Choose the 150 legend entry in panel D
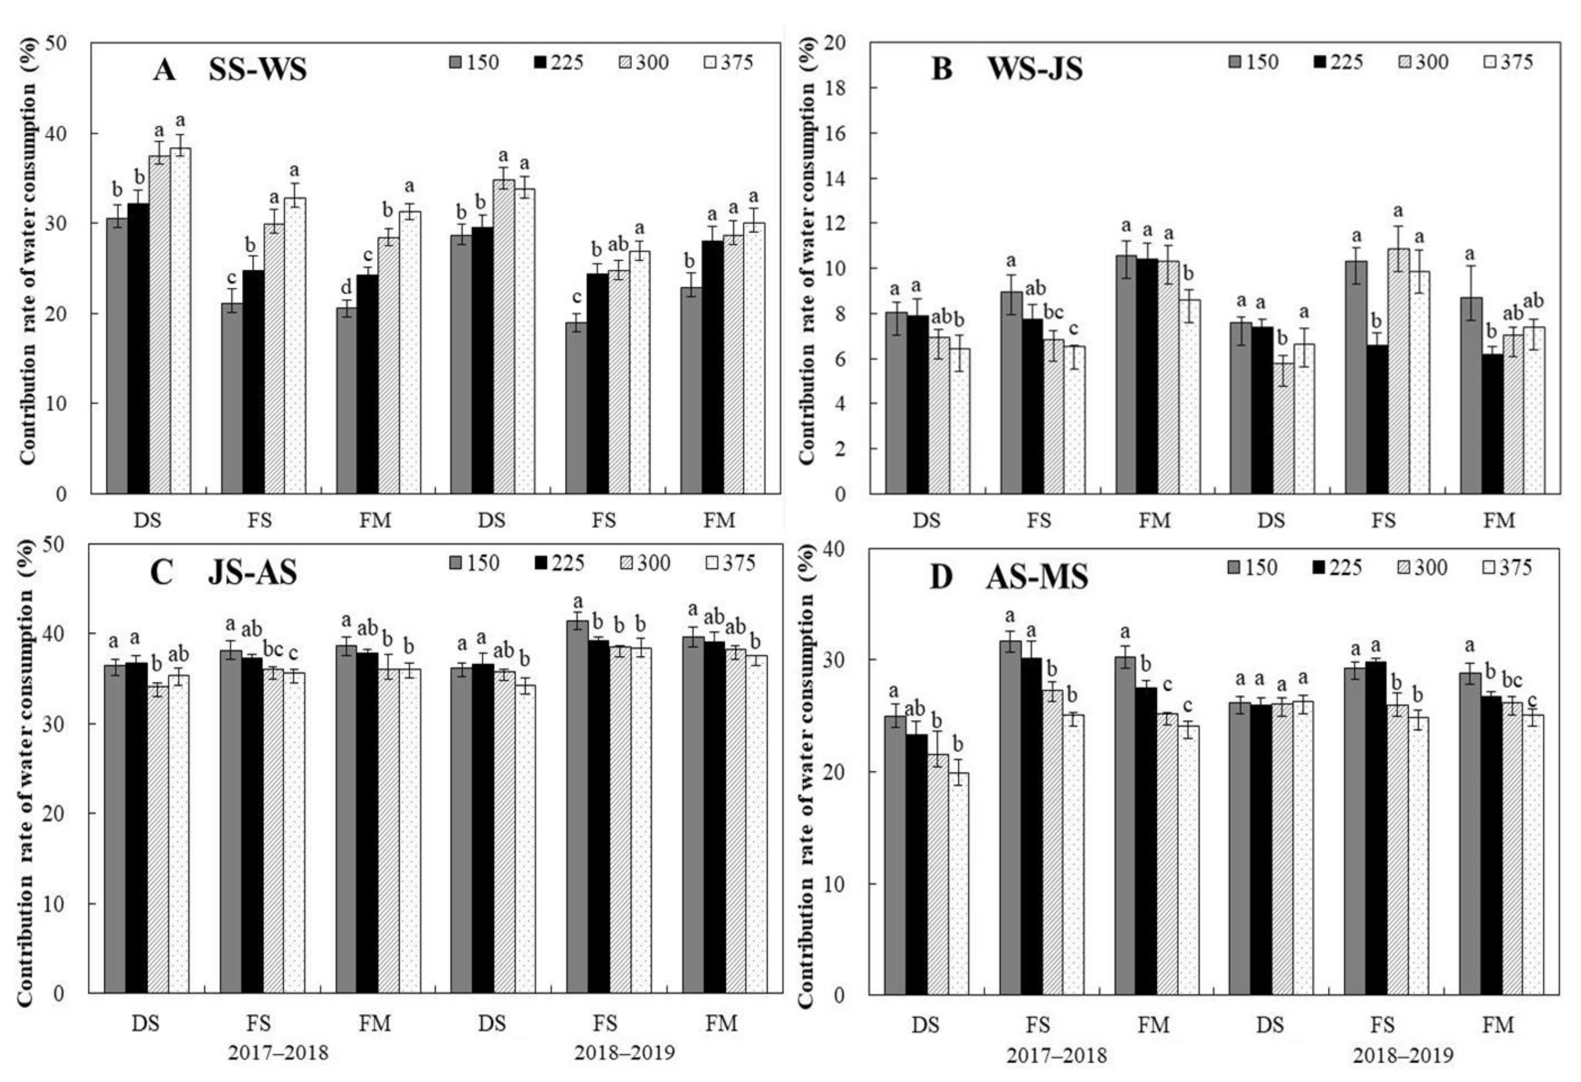tap(1252, 567)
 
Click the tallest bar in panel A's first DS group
tap(180, 320)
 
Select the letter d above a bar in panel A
tap(346, 289)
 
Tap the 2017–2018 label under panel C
tap(277, 1054)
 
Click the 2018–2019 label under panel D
tap(1402, 1056)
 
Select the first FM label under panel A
tap(375, 520)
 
